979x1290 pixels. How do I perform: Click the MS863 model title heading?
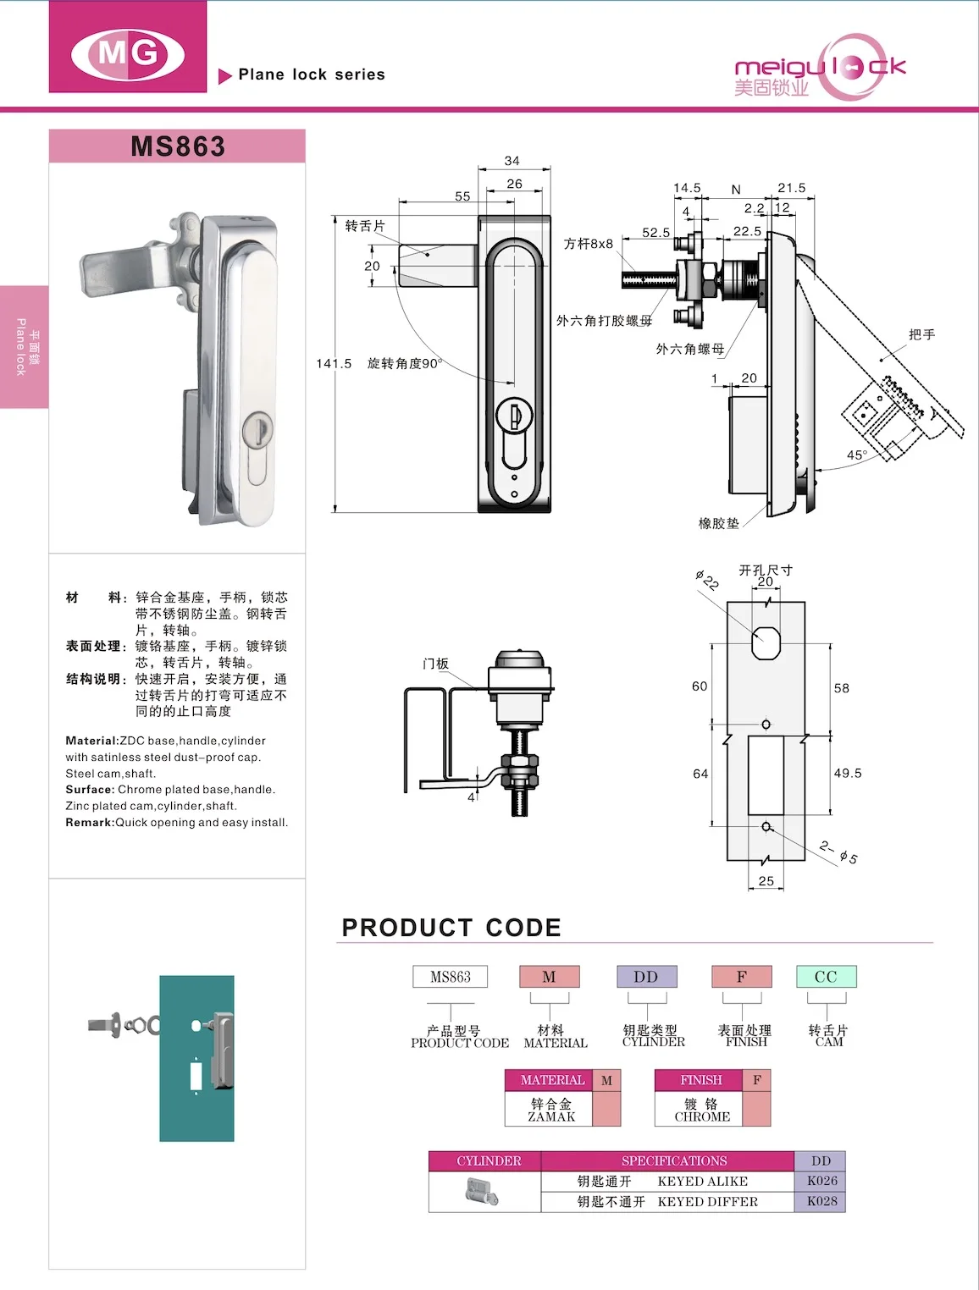coord(178,146)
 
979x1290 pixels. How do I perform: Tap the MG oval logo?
coord(128,53)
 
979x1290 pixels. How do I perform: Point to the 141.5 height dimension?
coord(334,364)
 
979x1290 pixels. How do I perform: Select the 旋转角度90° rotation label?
coord(404,364)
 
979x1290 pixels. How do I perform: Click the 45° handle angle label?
coord(857,455)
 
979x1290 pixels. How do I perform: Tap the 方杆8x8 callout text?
coord(589,244)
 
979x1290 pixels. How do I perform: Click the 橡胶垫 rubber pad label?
coord(718,524)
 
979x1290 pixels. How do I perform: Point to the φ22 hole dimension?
coord(707,581)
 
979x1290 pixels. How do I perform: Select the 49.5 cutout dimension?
coord(848,774)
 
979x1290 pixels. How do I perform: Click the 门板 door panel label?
coord(435,664)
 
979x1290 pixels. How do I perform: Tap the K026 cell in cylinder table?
coord(821,1181)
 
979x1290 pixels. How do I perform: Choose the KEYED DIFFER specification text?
coord(707,1202)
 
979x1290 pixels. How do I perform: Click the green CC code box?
coord(826,977)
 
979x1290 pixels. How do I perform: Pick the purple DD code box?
coord(646,977)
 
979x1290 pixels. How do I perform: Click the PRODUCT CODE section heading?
coord(451,928)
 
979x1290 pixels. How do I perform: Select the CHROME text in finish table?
coord(702,1117)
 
